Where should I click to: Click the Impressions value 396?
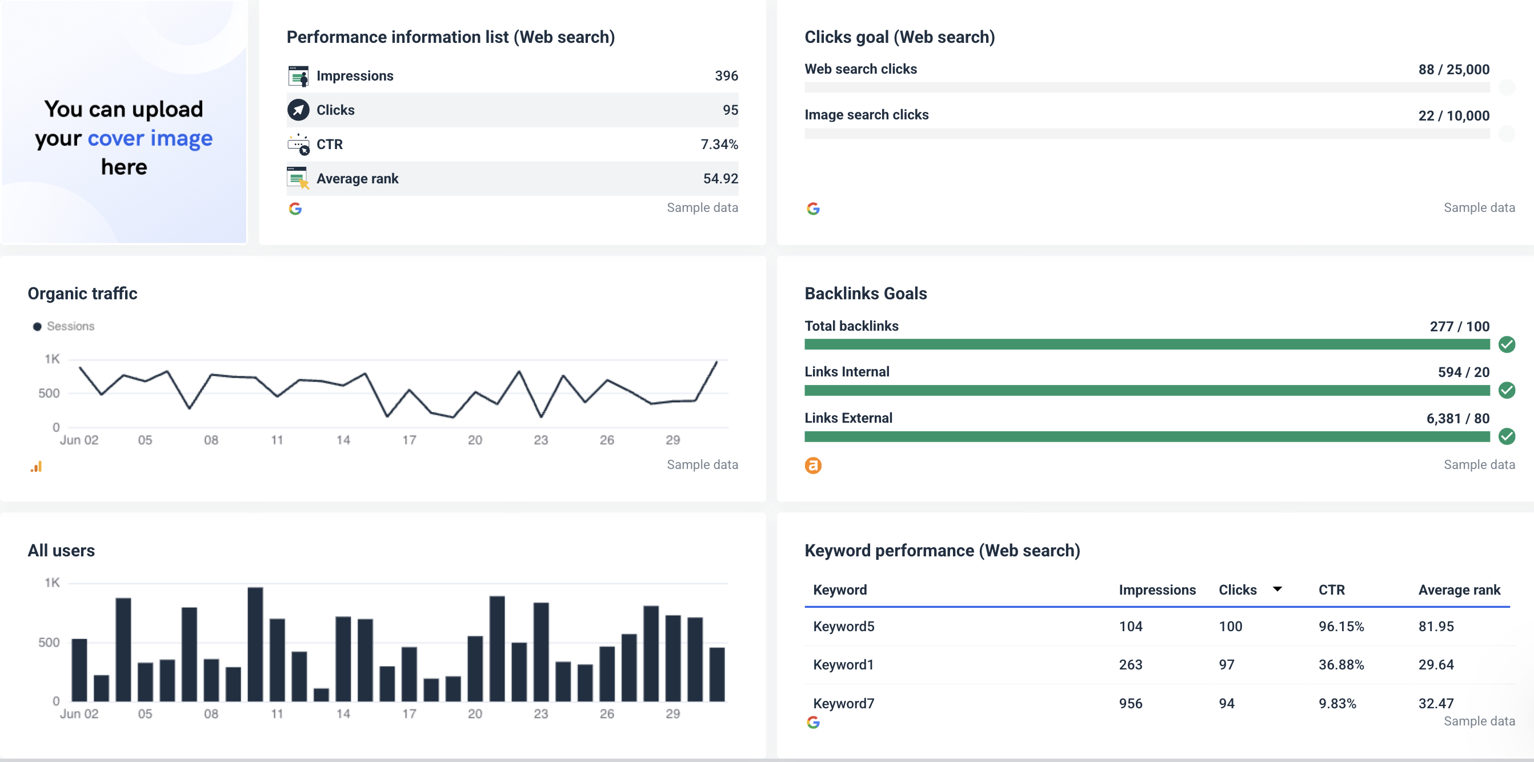(x=726, y=75)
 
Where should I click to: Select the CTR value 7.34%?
(x=719, y=144)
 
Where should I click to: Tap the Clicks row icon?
(x=298, y=110)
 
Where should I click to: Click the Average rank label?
(x=357, y=179)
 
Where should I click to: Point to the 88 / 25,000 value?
(x=1453, y=69)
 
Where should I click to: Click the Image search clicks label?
(x=866, y=114)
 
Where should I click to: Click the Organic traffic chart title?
(x=82, y=294)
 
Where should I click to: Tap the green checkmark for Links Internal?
(x=1506, y=391)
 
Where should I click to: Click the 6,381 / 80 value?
(x=1457, y=419)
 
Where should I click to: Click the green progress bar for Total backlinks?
(x=1146, y=344)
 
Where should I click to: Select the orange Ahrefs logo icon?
(x=813, y=466)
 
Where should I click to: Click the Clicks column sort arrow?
(x=1277, y=589)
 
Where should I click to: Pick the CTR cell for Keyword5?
(x=1340, y=626)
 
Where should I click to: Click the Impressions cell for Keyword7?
(x=1130, y=703)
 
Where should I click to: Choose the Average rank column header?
(x=1459, y=590)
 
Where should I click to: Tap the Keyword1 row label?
(x=843, y=664)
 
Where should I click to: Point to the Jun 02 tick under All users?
(x=79, y=713)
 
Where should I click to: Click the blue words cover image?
(x=150, y=138)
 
